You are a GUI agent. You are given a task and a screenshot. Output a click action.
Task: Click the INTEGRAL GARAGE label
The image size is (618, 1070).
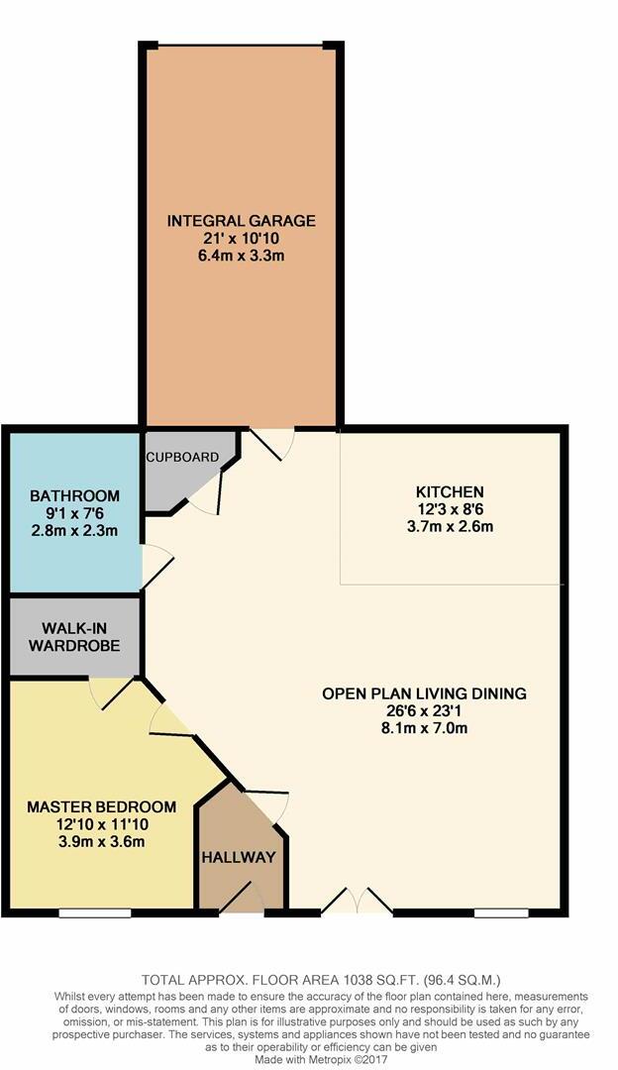(x=242, y=221)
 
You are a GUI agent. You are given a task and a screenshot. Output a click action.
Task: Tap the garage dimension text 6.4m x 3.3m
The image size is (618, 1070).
(x=242, y=256)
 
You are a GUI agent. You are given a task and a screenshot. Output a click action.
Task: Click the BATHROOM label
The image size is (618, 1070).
(x=75, y=495)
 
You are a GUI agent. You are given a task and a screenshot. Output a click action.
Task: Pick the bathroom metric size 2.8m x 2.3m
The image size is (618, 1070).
(x=75, y=530)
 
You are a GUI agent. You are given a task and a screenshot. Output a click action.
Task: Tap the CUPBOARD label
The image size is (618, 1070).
(x=183, y=457)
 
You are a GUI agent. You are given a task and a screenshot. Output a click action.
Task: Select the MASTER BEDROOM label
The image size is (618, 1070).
(x=102, y=806)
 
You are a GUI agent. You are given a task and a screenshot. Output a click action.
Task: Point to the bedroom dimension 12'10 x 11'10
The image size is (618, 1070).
(x=102, y=824)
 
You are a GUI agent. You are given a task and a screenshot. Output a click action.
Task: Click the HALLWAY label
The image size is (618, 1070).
(x=239, y=857)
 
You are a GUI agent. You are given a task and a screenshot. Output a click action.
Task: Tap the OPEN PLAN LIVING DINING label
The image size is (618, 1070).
(x=424, y=694)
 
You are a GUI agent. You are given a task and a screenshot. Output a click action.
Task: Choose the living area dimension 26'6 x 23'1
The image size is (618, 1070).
(x=424, y=711)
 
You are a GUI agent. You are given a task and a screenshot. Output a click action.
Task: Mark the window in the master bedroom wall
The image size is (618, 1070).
(x=95, y=912)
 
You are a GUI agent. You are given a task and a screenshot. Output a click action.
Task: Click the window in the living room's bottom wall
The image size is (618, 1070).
(x=501, y=912)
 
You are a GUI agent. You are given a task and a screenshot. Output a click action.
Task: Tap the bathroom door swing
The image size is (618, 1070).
(x=156, y=567)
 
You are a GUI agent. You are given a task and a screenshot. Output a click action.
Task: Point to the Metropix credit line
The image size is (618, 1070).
(x=321, y=1060)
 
